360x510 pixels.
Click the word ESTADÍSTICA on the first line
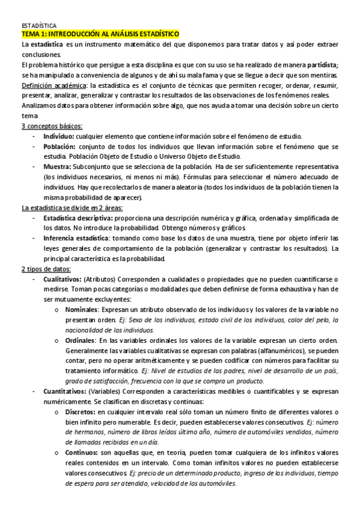pos(39,27)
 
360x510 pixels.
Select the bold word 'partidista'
pos(322,64)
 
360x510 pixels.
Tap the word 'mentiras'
pos(325,75)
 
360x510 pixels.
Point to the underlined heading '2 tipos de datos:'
pos(46,269)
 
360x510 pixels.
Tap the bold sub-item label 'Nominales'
pos(81,309)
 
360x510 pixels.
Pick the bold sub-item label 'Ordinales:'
pos(81,340)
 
